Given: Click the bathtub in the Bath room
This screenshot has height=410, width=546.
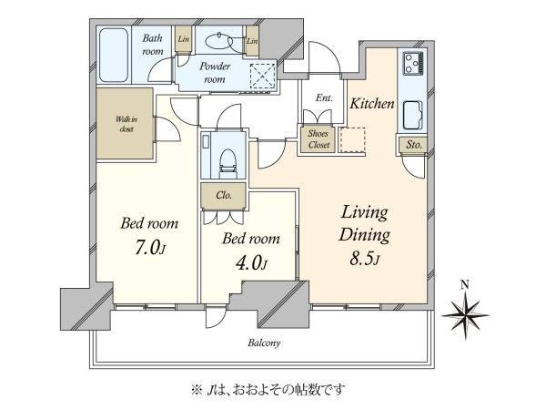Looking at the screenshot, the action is pyautogui.click(x=114, y=55).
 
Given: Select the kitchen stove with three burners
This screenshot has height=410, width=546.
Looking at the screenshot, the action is pyautogui.click(x=413, y=63).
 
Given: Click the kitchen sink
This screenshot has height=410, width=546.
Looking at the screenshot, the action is pyautogui.click(x=413, y=115).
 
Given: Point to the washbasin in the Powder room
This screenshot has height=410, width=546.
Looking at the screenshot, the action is pyautogui.click(x=219, y=42).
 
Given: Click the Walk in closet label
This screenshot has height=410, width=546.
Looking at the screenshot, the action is pyautogui.click(x=126, y=124).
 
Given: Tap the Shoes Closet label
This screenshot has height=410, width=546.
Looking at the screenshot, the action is pyautogui.click(x=318, y=139).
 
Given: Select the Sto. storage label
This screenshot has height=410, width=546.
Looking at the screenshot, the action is pyautogui.click(x=414, y=144).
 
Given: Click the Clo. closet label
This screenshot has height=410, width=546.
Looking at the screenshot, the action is pyautogui.click(x=224, y=195).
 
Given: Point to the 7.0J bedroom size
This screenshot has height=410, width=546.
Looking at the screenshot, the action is pyautogui.click(x=150, y=248).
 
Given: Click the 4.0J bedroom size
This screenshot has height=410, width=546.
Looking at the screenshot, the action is pyautogui.click(x=251, y=263).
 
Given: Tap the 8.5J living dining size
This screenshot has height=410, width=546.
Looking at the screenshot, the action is pyautogui.click(x=364, y=259).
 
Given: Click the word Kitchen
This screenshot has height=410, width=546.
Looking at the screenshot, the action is pyautogui.click(x=372, y=104).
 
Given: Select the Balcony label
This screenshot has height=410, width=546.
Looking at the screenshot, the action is pyautogui.click(x=264, y=343).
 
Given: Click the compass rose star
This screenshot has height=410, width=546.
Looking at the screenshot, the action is pyautogui.click(x=465, y=315).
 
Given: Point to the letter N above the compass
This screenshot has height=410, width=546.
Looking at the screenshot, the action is pyautogui.click(x=464, y=285).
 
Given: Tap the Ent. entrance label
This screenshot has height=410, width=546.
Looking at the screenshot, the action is pyautogui.click(x=324, y=98).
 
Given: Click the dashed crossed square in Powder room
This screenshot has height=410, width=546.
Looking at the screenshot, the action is pyautogui.click(x=263, y=76).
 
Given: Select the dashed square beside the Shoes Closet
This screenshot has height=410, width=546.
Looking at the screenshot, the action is pyautogui.click(x=352, y=139).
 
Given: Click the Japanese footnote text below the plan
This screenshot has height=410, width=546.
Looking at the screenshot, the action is pyautogui.click(x=268, y=389).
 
